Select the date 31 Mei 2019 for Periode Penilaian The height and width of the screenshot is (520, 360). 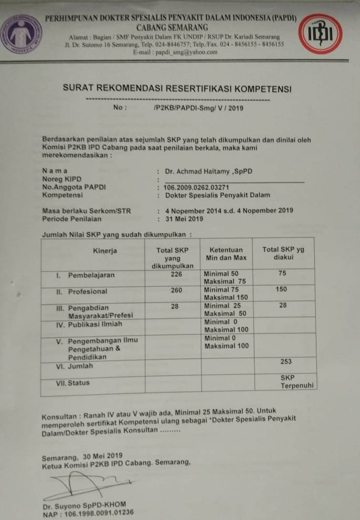coord(184,219)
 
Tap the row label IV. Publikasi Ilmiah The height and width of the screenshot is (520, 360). coord(89,324)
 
